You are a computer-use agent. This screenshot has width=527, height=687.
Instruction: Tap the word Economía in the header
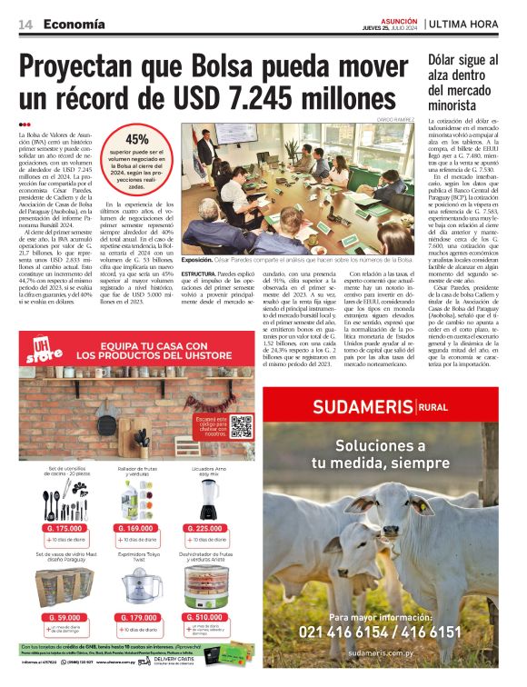coord(74,24)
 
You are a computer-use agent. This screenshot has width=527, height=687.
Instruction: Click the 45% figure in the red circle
coord(137,139)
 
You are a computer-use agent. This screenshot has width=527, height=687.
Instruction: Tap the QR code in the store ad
coord(241,425)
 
